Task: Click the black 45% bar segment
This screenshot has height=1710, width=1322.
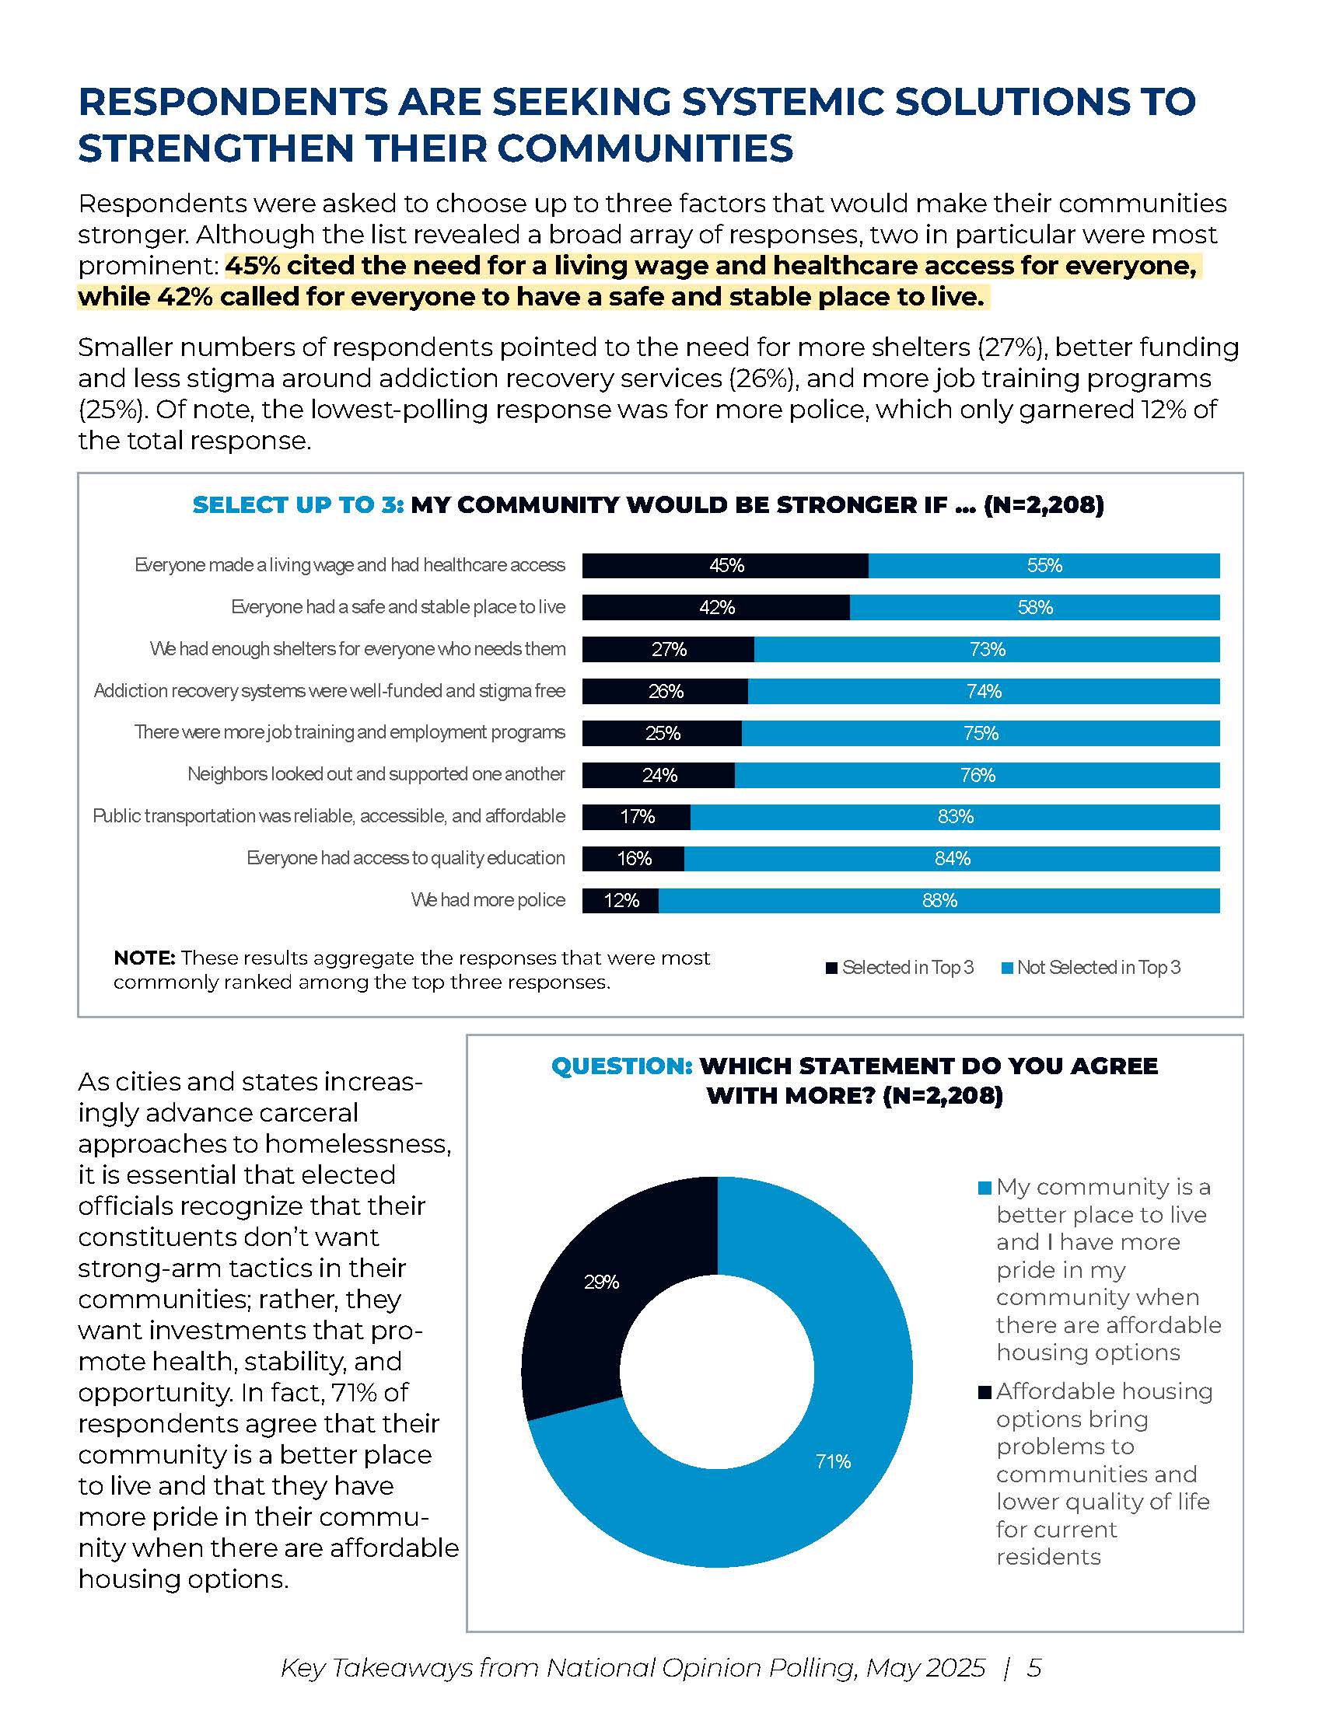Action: [725, 565]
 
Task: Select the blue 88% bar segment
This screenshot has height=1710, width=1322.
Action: [939, 900]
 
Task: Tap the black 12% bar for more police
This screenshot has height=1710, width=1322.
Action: [621, 900]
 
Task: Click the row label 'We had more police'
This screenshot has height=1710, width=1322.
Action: [487, 899]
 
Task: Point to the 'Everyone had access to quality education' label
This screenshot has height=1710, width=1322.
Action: [405, 858]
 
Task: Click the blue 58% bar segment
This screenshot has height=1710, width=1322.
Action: [1033, 608]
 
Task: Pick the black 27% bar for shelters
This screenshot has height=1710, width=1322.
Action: [668, 649]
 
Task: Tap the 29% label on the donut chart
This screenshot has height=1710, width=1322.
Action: [601, 1282]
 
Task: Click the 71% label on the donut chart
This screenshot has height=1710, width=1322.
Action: [833, 1461]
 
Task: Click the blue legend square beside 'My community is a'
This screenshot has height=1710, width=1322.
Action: [985, 1188]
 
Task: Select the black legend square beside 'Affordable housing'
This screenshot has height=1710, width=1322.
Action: [985, 1392]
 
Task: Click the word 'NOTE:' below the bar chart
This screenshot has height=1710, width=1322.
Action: [144, 958]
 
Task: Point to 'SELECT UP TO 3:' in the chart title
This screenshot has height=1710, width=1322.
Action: [298, 505]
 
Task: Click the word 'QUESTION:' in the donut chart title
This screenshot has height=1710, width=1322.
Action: [622, 1066]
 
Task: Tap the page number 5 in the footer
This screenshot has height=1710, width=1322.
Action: [1033, 1668]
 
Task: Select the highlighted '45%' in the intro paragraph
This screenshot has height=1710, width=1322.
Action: [252, 266]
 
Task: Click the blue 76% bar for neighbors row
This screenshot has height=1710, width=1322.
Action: [977, 775]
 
